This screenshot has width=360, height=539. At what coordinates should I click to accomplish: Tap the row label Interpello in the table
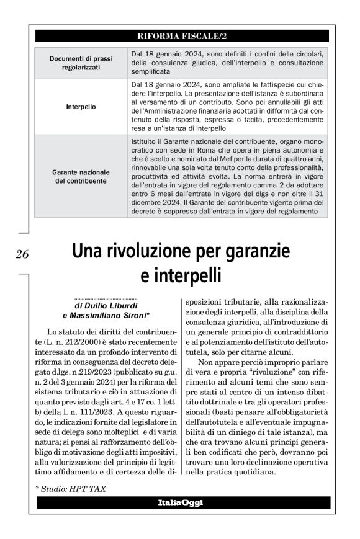click(81, 107)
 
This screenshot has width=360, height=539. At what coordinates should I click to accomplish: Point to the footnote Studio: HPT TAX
click(70, 489)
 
